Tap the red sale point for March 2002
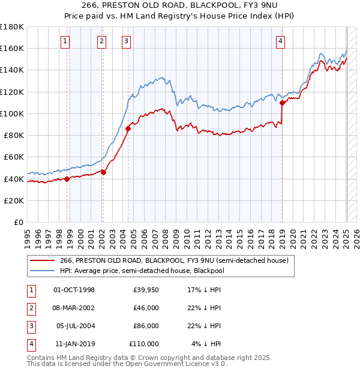103,172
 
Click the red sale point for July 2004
128,128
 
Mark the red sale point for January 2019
281,103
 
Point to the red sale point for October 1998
67,179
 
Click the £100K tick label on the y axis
12,113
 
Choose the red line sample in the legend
43,260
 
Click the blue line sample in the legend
43,271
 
